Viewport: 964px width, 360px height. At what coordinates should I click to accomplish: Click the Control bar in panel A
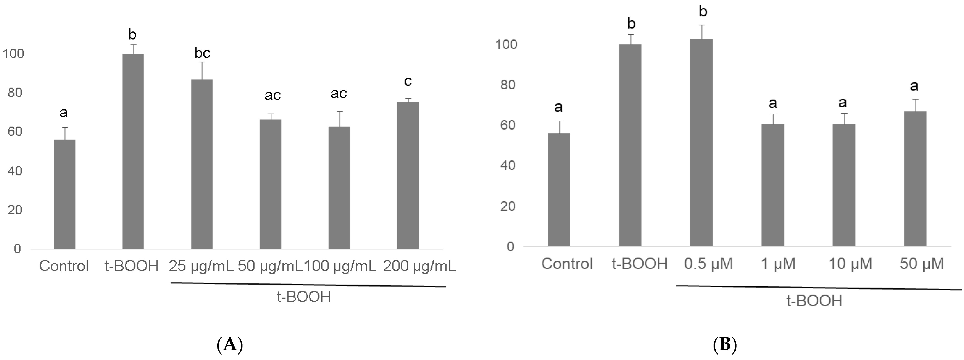coord(64,194)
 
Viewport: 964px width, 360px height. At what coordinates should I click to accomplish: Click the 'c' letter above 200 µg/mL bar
coord(408,81)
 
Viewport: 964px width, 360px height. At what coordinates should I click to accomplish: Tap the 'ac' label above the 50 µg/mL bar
coord(272,95)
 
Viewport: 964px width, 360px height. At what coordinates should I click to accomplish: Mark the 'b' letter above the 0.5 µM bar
coord(703,12)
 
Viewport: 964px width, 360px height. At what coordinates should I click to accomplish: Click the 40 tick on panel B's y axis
coord(507,165)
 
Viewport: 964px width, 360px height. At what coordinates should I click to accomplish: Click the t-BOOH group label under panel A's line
coord(304,297)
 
